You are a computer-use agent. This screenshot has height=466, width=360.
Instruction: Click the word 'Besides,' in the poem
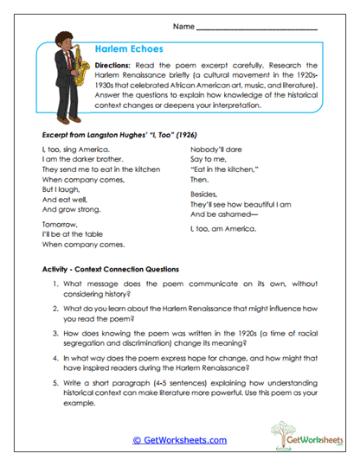(206, 195)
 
